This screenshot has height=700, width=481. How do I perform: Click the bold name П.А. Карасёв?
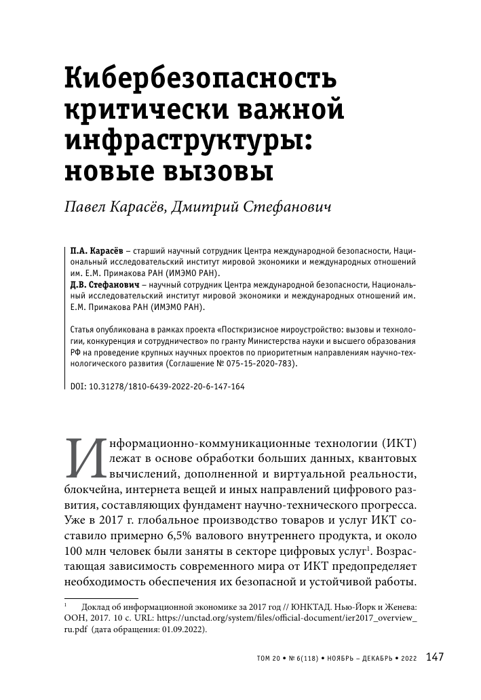[92, 250]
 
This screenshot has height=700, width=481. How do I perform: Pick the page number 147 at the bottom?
[435, 657]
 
